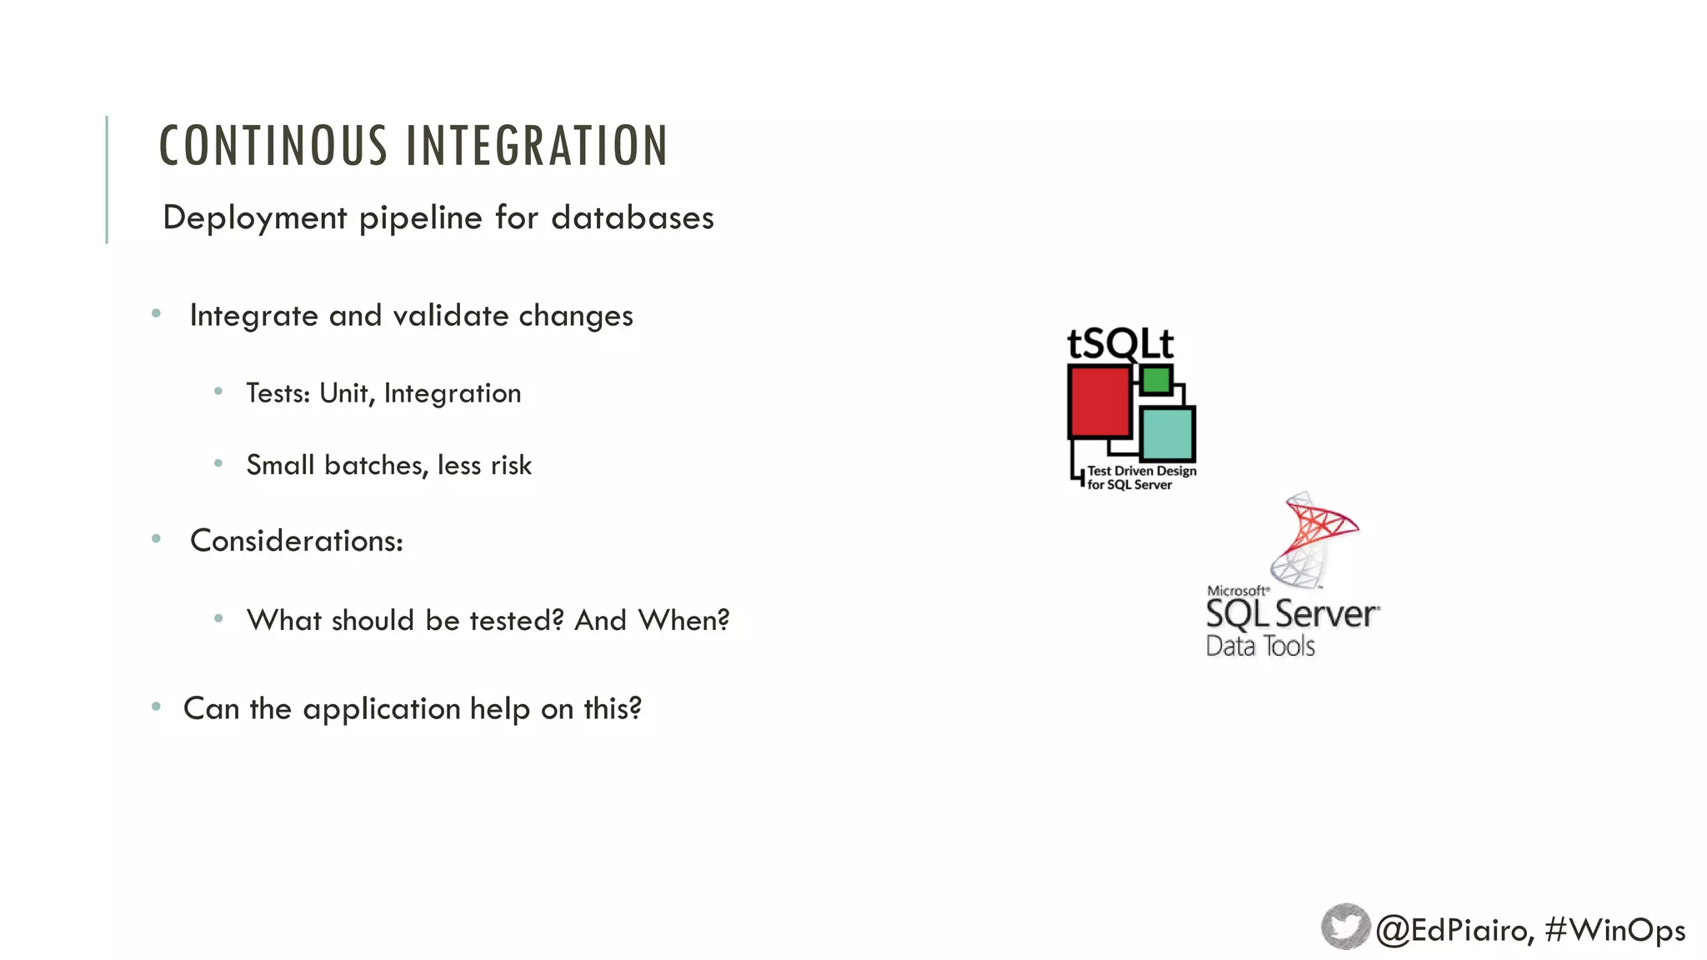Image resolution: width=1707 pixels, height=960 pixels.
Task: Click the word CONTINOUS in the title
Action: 273,146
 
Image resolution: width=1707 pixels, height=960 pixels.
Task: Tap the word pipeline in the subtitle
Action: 421,218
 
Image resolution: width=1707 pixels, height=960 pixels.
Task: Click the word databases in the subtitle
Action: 632,218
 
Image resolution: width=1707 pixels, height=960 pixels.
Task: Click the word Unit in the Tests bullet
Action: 345,393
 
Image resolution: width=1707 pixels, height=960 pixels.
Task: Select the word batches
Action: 376,465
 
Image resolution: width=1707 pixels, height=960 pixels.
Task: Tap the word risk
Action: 511,465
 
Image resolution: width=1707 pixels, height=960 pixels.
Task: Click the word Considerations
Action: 296,541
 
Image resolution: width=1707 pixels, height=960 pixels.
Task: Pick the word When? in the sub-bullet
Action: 683,620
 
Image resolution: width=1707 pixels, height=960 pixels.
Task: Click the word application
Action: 381,709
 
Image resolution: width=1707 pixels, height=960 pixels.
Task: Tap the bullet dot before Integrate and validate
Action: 156,314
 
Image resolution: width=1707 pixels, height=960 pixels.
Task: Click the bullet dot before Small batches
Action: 218,463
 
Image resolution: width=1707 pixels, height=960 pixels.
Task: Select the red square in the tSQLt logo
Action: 1099,402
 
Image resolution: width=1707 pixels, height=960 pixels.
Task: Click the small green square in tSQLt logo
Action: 1156,381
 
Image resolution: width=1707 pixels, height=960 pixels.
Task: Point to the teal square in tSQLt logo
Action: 1166,432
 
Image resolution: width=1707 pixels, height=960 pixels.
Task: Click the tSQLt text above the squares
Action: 1120,343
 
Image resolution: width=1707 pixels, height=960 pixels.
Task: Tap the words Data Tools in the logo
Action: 1260,646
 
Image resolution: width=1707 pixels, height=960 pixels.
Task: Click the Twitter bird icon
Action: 1344,927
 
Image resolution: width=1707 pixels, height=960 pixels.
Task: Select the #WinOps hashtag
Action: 1614,930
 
